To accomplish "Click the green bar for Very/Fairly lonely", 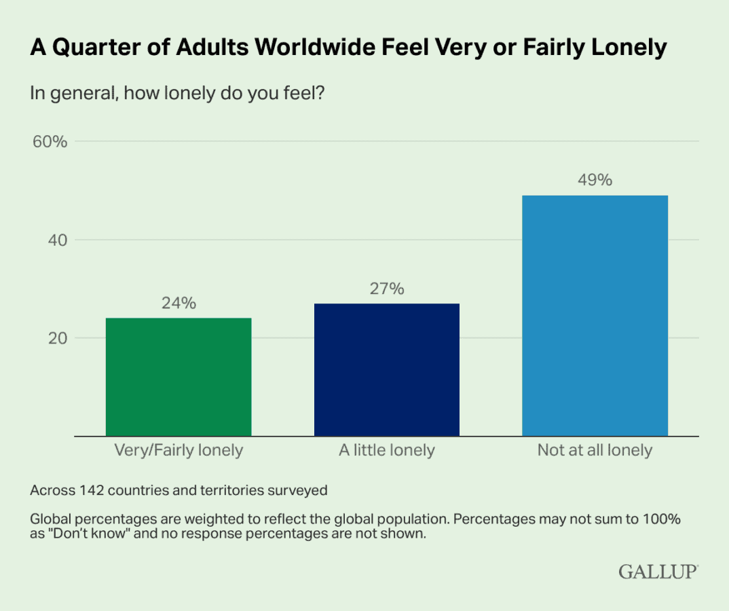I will [179, 377].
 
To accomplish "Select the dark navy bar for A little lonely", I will [387, 369].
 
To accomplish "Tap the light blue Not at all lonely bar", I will [595, 316].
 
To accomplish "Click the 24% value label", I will [179, 303].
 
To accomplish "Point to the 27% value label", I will [387, 289].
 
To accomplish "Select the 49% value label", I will [595, 181].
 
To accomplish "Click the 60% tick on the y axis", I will [49, 142].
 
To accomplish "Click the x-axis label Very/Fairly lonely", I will [179, 450].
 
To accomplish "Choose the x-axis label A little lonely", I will [387, 450].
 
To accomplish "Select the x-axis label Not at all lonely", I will [595, 450].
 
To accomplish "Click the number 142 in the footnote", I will [92, 489].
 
